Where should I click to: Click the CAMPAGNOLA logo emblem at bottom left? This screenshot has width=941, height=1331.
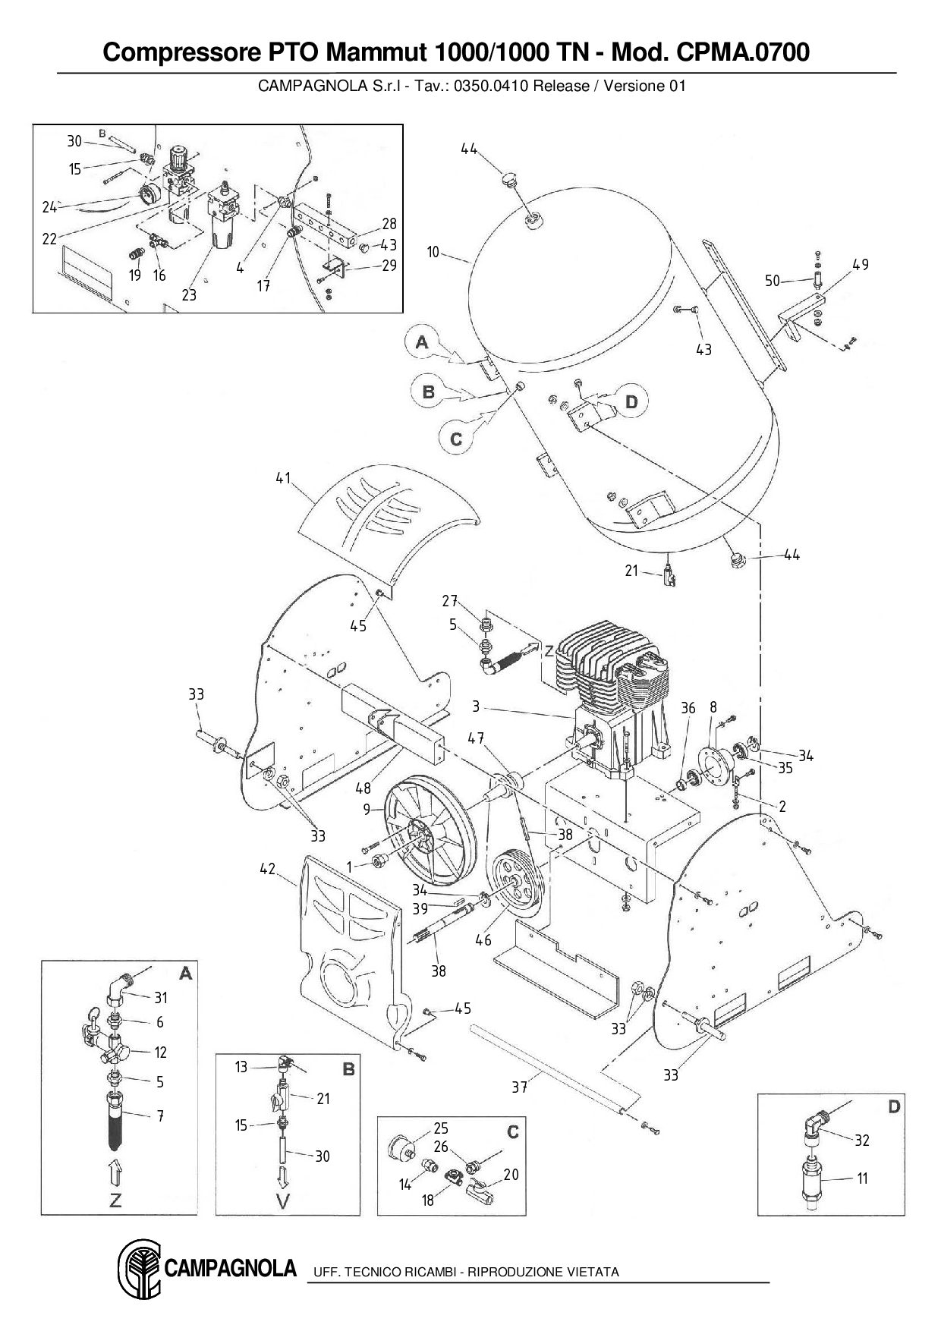[138, 1270]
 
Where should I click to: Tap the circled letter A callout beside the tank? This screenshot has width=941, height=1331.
[422, 342]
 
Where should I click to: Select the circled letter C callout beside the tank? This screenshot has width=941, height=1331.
[456, 439]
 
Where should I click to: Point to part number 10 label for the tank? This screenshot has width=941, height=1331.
[433, 251]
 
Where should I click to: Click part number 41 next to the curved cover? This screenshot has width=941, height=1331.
[283, 479]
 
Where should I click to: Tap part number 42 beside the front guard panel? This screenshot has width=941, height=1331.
[267, 869]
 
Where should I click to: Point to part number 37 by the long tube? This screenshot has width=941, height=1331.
[519, 1087]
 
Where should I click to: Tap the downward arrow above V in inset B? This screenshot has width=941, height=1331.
[283, 1178]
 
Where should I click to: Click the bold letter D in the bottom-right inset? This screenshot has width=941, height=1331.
[894, 1107]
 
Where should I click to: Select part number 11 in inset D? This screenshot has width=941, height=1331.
[862, 1178]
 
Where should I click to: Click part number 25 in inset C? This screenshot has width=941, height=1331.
[441, 1128]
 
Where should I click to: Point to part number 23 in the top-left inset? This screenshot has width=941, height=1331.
[189, 294]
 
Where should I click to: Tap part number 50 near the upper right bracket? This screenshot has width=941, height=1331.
[773, 281]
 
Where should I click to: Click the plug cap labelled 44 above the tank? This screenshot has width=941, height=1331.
[509, 181]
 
